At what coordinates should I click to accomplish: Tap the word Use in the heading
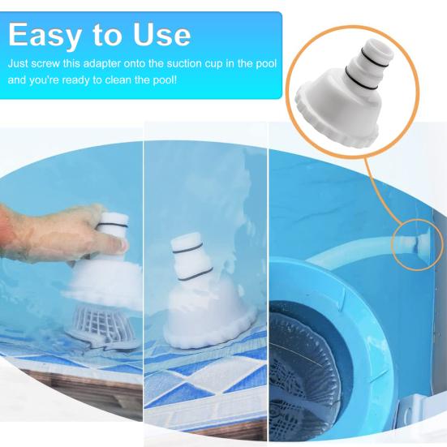(160, 34)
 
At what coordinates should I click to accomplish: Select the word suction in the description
(178, 62)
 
